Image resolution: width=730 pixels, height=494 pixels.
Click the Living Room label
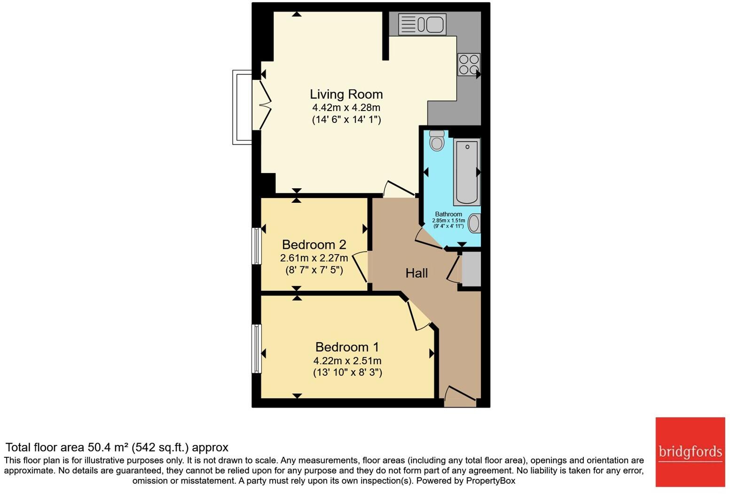pos(346,94)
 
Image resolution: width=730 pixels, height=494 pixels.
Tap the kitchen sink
pos(422,24)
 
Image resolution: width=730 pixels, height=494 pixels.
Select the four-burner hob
pos(469,64)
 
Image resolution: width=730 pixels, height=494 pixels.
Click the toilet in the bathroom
pos(437,141)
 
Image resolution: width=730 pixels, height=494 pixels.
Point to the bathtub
pos(467,172)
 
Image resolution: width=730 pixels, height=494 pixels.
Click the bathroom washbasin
pos(474,223)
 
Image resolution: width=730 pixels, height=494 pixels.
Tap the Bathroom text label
pos(448,214)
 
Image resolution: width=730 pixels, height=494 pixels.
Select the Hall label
pos(416,273)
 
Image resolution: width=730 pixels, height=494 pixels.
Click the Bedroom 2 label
pos(314,245)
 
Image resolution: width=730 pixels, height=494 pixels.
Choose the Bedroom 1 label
pos(347,347)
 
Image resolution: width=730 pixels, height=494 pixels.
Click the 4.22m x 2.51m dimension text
pos(347,361)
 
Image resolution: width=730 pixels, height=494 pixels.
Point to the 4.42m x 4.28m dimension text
pos(346,108)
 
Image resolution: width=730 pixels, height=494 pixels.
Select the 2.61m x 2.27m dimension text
pos(314,258)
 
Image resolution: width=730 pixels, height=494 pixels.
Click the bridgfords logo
pos(690,452)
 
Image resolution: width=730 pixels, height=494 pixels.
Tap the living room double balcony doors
pos(261,104)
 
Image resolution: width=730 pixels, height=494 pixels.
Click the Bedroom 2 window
pos(256,246)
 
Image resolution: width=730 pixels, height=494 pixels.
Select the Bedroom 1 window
pos(256,349)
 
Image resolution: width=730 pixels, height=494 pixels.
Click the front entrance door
pos(460,398)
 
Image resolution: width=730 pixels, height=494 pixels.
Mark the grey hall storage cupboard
pos(471,269)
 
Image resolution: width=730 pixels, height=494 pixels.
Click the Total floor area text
pos(117,447)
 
